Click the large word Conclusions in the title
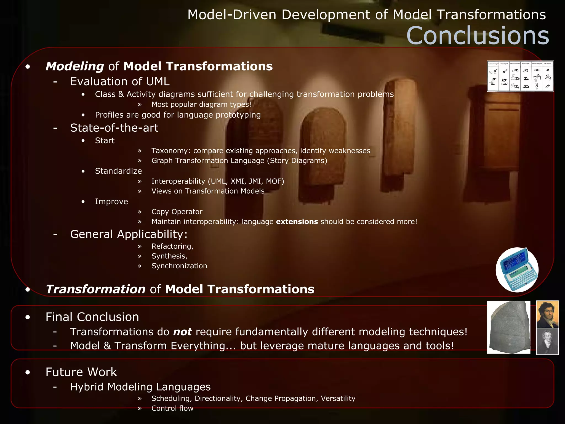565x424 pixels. (478, 36)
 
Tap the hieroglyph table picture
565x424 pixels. (520, 76)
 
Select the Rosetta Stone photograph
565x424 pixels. (509, 327)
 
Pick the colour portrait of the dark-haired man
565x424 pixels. (547, 314)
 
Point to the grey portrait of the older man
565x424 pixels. (547, 341)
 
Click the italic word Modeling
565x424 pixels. (74, 66)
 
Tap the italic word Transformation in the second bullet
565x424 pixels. (95, 289)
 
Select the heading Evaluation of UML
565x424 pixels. (120, 81)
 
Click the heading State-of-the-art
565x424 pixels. (114, 128)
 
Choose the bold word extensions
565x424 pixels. (297, 222)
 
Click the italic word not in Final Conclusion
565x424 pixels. (182, 332)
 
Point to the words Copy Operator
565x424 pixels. (177, 212)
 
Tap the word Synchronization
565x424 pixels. (179, 266)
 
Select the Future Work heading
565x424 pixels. (81, 372)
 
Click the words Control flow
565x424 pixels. (172, 408)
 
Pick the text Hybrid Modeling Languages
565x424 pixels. (140, 387)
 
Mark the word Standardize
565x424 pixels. (118, 171)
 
